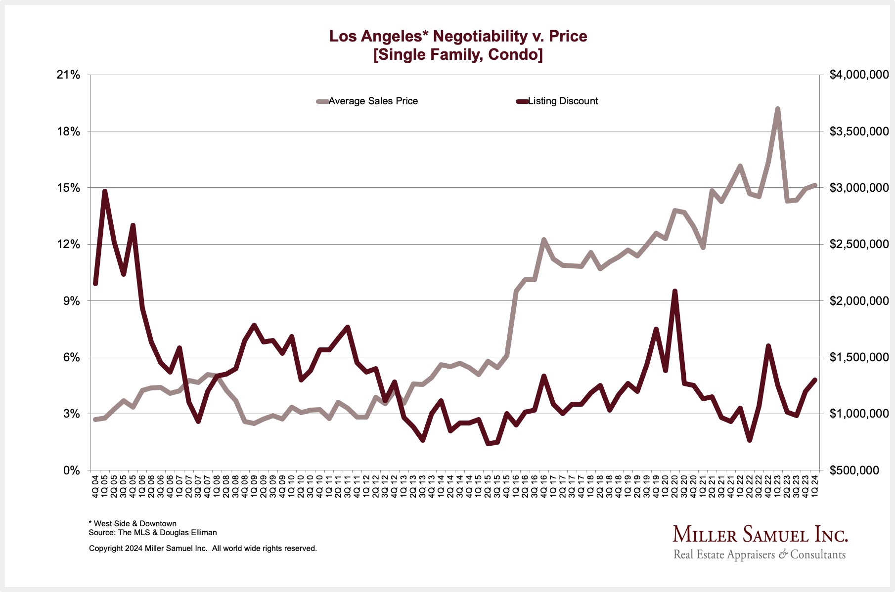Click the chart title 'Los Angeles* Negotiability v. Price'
tap(458, 36)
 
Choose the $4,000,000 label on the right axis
tap(859, 75)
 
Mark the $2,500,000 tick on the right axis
tap(859, 245)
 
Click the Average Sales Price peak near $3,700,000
tap(777, 109)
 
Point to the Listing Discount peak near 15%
tap(105, 191)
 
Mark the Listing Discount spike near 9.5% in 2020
tap(675, 291)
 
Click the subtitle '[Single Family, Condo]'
tap(458, 54)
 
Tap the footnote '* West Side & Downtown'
tap(133, 524)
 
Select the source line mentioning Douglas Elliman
tap(153, 533)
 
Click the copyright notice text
tap(203, 549)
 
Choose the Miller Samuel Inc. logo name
tap(760, 535)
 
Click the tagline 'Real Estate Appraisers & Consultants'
tap(760, 554)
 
